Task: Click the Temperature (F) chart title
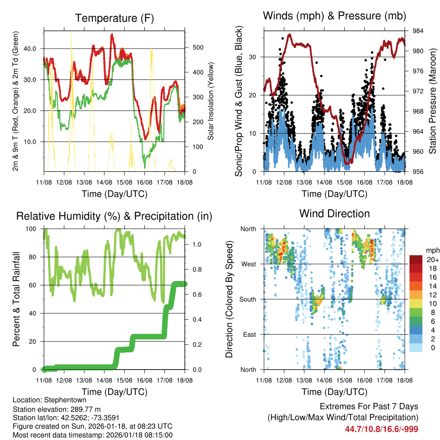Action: pyautogui.click(x=114, y=18)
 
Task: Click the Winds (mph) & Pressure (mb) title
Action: pyautogui.click(x=334, y=16)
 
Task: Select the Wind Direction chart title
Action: pyautogui.click(x=334, y=214)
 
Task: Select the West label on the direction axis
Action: pyautogui.click(x=248, y=264)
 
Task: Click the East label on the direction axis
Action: pyautogui.click(x=249, y=334)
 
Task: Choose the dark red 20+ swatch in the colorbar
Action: pyautogui.click(x=416, y=260)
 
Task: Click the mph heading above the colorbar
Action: pyautogui.click(x=431, y=250)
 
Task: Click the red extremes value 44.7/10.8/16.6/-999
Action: pyautogui.click(x=382, y=429)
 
